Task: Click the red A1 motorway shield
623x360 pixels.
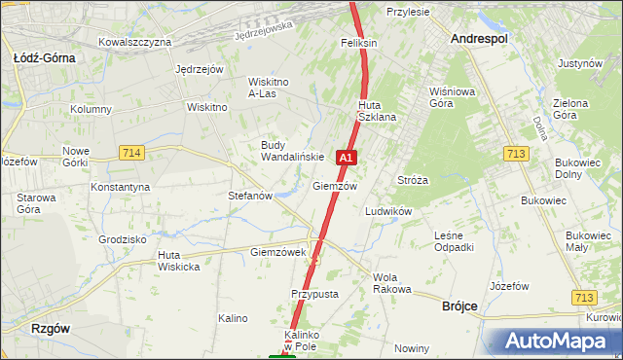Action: (346, 157)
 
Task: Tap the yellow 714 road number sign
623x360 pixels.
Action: (131, 153)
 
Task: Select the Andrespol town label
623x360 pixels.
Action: (480, 38)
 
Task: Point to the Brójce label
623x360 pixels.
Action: (459, 306)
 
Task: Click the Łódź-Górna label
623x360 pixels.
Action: (44, 57)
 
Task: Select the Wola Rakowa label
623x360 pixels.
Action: (392, 283)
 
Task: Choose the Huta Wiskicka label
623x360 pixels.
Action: (178, 261)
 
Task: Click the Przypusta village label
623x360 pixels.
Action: (313, 293)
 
